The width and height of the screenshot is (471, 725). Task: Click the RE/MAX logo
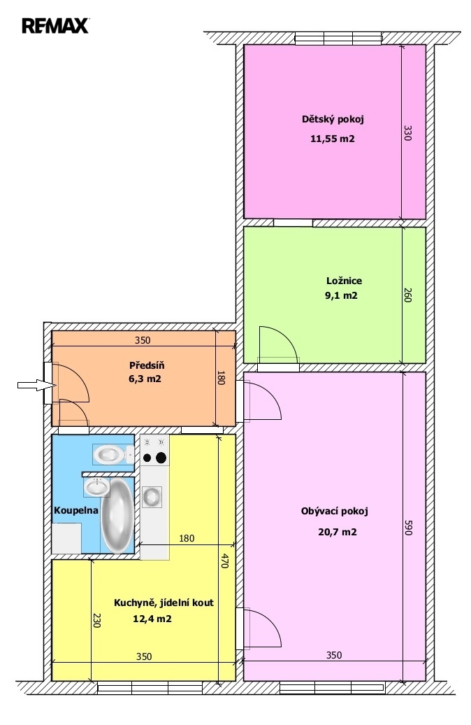point(55,25)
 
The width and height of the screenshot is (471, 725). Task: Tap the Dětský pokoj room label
point(333,119)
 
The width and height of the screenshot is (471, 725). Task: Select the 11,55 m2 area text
point(333,139)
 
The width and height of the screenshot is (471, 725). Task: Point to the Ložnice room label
point(344,281)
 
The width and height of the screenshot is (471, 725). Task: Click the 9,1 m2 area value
point(341,295)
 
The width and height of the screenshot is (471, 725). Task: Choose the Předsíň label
point(147,365)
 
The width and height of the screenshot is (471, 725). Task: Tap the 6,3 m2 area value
point(145,379)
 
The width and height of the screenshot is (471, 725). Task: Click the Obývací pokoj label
point(334,512)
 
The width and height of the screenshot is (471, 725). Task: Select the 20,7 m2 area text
point(337,532)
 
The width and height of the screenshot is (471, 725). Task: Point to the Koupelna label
point(76,510)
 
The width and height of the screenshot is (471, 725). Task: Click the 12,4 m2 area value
point(152,619)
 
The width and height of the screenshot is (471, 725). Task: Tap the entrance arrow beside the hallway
point(36,385)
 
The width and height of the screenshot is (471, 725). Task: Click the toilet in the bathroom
point(113,454)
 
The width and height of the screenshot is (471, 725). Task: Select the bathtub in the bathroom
point(117,516)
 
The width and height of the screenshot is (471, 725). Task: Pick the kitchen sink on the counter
point(152,497)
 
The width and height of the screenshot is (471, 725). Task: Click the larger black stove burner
point(161,458)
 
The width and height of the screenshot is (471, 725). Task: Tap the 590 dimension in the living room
point(407,528)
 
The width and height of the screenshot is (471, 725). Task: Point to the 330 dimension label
point(407,133)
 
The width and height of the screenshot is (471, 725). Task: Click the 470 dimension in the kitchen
point(225,561)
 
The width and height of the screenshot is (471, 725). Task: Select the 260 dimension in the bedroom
point(407,295)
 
